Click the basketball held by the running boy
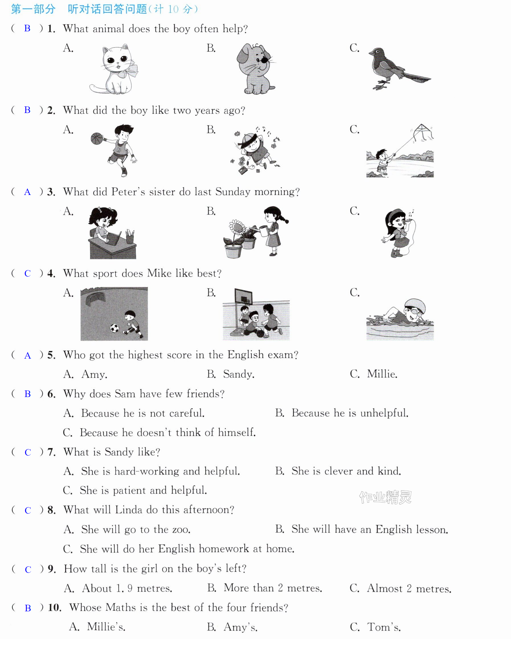point(97,139)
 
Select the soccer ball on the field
point(114,328)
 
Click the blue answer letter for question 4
point(28,273)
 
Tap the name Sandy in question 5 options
point(239,374)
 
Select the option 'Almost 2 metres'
point(409,588)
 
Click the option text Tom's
point(384,627)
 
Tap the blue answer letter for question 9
point(28,569)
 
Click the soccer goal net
point(95,299)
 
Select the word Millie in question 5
point(382,374)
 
